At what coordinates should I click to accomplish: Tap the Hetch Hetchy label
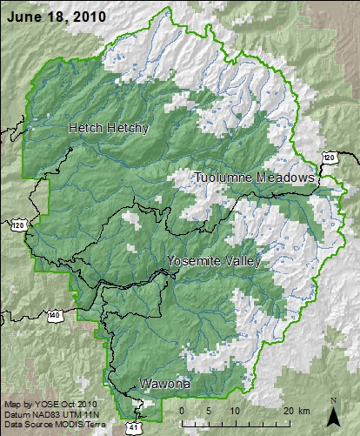pyautogui.click(x=109, y=128)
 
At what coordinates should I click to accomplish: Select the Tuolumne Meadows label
pyautogui.click(x=253, y=178)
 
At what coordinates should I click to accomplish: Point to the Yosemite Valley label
pyautogui.click(x=212, y=261)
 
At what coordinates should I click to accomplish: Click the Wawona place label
pyautogui.click(x=164, y=383)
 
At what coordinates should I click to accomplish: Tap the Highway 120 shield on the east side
pyautogui.click(x=329, y=158)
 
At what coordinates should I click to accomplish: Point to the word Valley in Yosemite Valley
pyautogui.click(x=238, y=261)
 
